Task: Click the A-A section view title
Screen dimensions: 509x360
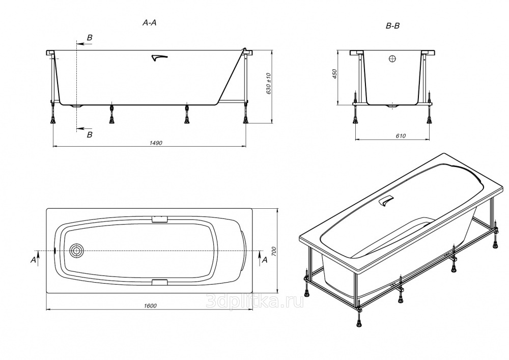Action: point(150,22)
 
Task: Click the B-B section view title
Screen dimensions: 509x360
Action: point(392,26)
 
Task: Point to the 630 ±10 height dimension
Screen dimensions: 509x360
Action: point(268,84)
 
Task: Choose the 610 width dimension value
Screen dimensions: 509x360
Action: point(401,136)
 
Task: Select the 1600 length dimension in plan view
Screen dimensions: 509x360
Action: point(150,306)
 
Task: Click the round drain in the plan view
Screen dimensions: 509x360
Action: point(76,251)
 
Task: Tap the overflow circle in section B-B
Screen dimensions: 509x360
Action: point(392,59)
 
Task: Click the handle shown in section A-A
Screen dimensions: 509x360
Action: point(159,58)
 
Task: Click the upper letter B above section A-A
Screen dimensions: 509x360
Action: point(90,38)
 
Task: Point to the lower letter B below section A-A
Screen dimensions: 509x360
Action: point(90,134)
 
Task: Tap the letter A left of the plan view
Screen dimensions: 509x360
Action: point(33,260)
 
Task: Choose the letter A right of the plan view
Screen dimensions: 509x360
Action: point(265,260)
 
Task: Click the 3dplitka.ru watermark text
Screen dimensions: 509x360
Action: point(255,302)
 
